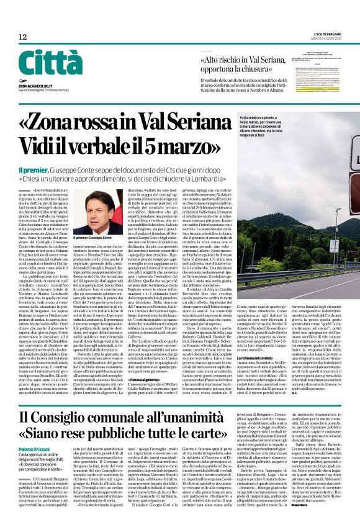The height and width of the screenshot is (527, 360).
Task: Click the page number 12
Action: pyautogui.click(x=23, y=37)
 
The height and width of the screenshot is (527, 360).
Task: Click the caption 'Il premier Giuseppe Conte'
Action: pyautogui.click(x=92, y=237)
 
